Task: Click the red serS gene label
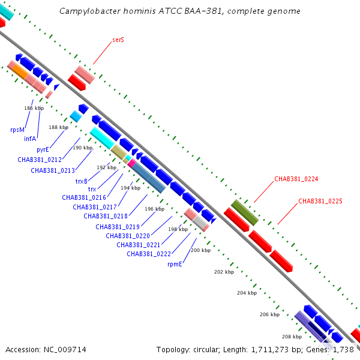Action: (118, 40)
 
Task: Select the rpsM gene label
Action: (17, 130)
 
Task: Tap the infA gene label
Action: (30, 139)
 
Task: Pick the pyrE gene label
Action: (43, 149)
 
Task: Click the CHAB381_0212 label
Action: (40, 160)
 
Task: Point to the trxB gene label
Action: (82, 181)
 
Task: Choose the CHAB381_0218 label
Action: (106, 216)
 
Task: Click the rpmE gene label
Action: (175, 264)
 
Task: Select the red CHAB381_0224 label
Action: (296, 179)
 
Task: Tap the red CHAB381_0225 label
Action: (320, 201)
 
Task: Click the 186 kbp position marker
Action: (34, 108)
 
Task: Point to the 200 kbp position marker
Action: (200, 250)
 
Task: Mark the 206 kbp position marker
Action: (269, 314)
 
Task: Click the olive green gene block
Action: (245, 212)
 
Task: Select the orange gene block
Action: (20, 72)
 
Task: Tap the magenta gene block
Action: (132, 163)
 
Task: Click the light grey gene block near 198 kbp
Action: (200, 222)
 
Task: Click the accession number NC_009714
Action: (65, 350)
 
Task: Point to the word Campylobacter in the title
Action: (90, 11)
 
